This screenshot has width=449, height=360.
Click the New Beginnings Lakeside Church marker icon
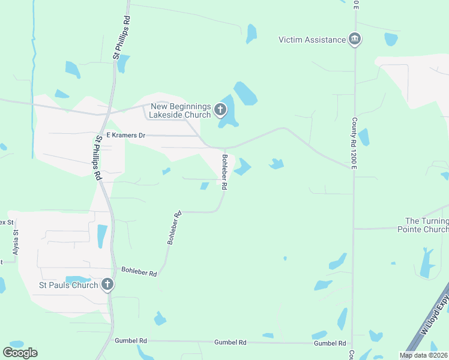tap(220, 110)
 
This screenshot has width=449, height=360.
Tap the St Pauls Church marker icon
tap(107, 284)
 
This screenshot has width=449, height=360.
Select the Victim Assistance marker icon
tap(355, 40)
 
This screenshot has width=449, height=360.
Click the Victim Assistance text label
tap(312, 40)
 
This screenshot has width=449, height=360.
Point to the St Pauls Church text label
tap(68, 285)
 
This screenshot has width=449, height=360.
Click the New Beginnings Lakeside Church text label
tap(181, 110)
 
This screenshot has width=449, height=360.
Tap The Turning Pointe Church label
tap(427, 225)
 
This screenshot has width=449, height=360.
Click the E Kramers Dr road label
tap(125, 136)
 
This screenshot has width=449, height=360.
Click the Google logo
tap(20, 352)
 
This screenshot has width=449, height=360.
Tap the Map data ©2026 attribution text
tap(423, 355)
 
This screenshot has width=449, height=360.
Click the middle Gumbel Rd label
tap(231, 342)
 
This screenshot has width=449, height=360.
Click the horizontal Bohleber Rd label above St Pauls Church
tap(139, 272)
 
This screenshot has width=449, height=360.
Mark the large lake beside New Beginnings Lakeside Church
tap(245, 94)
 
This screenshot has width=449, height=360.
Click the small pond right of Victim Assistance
tap(391, 40)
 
